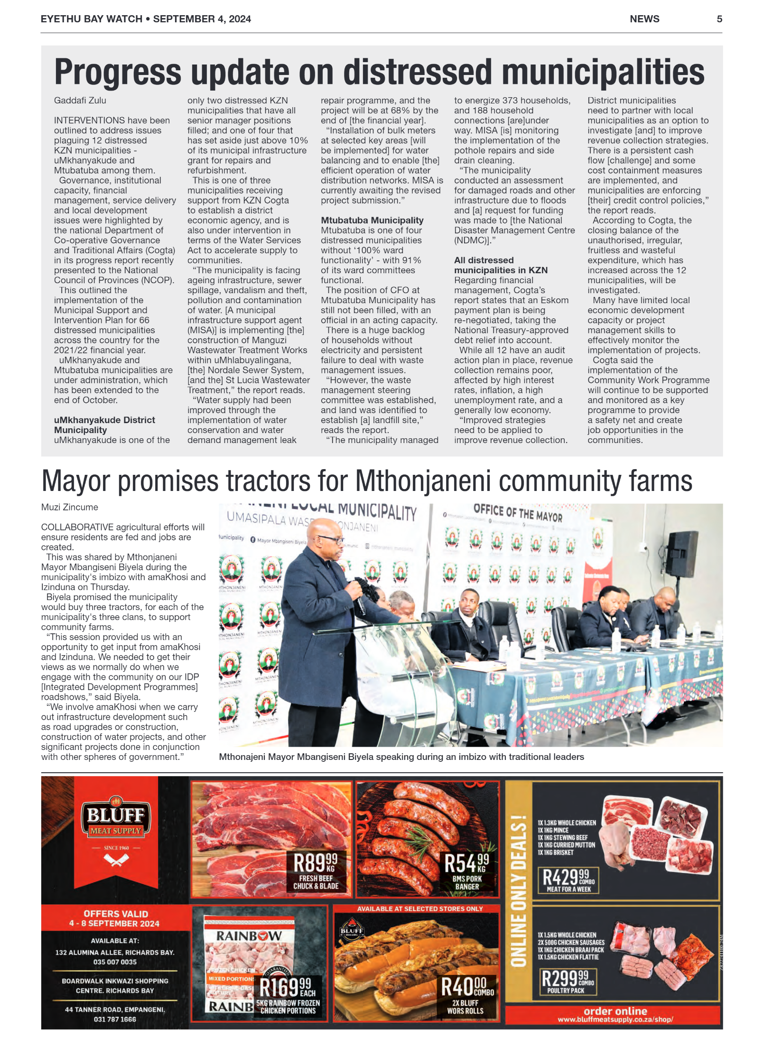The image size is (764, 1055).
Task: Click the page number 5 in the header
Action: point(719,19)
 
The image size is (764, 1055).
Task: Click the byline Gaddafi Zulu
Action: point(80,101)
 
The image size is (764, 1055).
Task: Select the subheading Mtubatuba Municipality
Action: point(372,220)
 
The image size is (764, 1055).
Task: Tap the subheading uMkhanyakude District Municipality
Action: point(104,425)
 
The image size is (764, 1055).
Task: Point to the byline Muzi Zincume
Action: point(69,507)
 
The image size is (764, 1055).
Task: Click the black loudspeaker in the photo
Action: point(681,553)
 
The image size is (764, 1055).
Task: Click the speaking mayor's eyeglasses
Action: point(331,539)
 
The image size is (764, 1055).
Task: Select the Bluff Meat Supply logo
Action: point(116,819)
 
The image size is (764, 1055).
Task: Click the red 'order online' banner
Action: point(615,1014)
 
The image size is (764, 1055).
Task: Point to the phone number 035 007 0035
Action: point(115,962)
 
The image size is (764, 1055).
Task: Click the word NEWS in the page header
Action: point(644,19)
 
